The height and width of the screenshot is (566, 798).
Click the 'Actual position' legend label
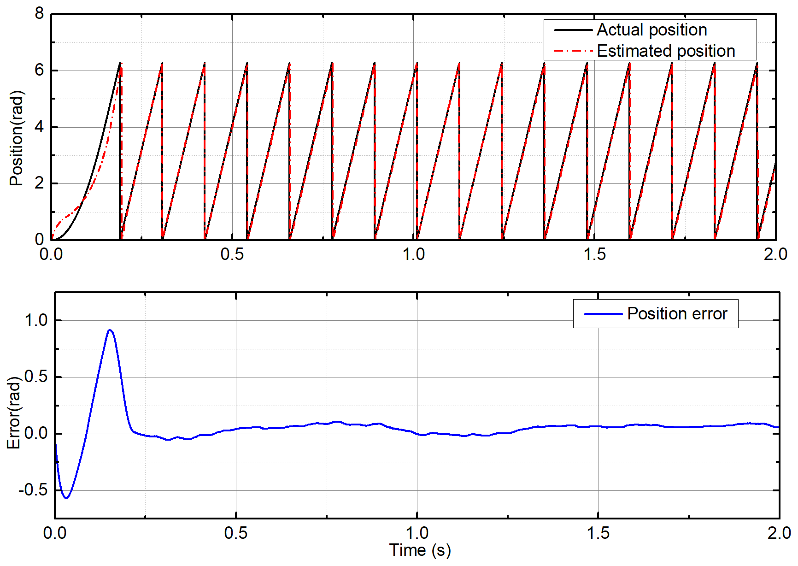[x=651, y=30]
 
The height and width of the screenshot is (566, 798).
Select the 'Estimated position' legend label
[x=666, y=51]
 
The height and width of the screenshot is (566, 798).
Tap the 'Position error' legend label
[x=677, y=314]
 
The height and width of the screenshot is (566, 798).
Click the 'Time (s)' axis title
[x=420, y=550]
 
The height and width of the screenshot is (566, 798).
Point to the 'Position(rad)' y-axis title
[x=16, y=138]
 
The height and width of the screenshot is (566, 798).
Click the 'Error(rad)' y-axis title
[x=14, y=413]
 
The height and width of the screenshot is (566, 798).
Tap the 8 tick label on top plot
[x=39, y=14]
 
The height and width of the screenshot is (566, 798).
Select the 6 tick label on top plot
[x=39, y=71]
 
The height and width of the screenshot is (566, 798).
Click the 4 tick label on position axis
[x=39, y=127]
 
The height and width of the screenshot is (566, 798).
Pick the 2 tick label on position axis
[x=39, y=183]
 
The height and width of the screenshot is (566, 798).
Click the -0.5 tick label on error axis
[x=33, y=490]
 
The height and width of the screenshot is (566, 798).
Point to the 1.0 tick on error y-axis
[x=36, y=320]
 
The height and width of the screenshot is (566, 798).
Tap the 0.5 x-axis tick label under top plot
[x=232, y=254]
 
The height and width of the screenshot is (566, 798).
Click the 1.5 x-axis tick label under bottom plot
[x=598, y=533]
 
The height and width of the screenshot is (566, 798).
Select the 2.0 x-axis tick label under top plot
[x=775, y=254]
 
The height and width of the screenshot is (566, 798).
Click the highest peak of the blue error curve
[x=110, y=330]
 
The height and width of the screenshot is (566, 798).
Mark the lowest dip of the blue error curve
[x=66, y=498]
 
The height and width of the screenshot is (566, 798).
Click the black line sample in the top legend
[x=573, y=30]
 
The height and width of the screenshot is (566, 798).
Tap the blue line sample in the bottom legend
[x=603, y=314]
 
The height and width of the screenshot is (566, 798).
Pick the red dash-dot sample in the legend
[x=573, y=51]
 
